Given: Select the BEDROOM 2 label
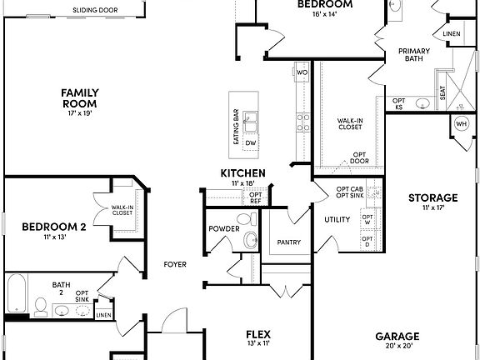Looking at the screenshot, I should tap(54, 227).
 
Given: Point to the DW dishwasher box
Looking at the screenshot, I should tap(250, 143).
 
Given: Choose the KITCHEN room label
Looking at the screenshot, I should tap(242, 173).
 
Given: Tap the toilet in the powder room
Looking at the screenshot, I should tap(250, 242).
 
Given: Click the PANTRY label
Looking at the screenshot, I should tap(288, 242).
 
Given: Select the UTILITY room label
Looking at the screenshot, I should tap(337, 219).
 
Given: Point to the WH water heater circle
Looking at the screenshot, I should tap(461, 124).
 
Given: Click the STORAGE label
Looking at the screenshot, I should tap(432, 197).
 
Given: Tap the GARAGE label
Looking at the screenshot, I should tap(397, 337).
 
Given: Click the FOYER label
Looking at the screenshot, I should tap(175, 265).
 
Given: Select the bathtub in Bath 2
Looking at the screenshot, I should tap(17, 295).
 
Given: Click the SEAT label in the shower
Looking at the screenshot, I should tap(442, 95).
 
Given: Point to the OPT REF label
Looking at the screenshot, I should tap(255, 198).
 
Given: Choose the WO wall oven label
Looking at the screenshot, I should tap(302, 73).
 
